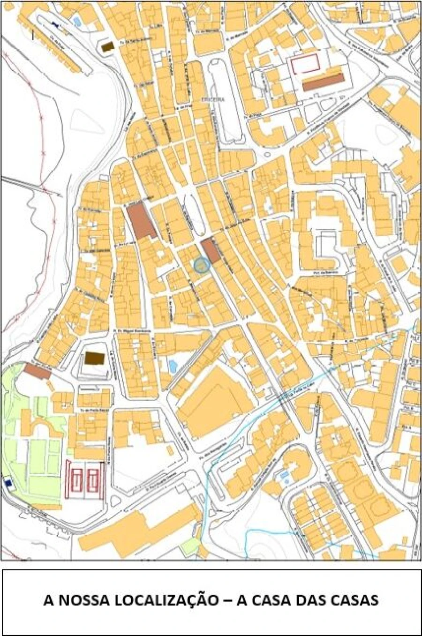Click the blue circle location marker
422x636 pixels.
coord(202,265)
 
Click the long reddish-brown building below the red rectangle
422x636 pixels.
coord(323,81)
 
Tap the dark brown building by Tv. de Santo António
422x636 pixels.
coord(108,46)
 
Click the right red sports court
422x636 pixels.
coord(94,479)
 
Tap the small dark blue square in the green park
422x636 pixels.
coord(8,482)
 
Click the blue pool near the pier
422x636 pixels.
coord(75,21)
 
